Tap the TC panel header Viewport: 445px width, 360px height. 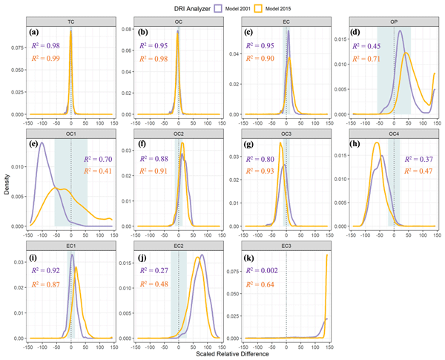70,22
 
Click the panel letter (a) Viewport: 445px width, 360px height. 34,33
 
